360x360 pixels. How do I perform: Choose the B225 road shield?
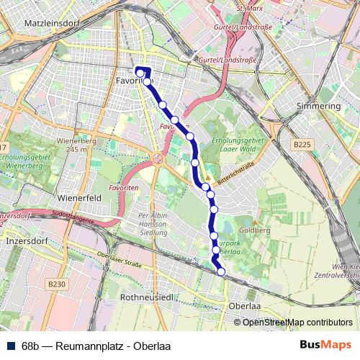[302, 145]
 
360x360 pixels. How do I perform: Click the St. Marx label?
[250, 7]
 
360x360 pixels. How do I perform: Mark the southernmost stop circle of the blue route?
[221, 271]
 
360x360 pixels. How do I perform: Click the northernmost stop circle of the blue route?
[140, 72]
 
